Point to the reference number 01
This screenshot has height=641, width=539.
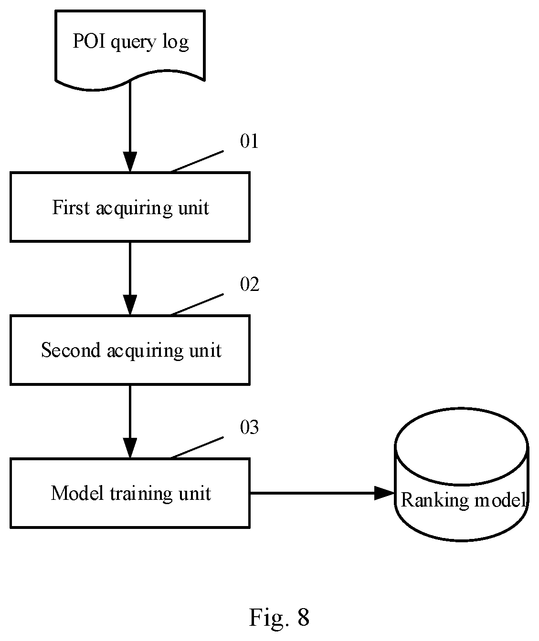pos(249,141)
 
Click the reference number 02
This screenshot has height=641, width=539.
pos(250,284)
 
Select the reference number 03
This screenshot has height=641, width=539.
pos(249,427)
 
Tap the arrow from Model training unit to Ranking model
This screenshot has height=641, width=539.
pos(322,493)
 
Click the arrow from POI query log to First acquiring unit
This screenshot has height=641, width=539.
pos(130,126)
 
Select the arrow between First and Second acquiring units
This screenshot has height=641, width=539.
pos(130,279)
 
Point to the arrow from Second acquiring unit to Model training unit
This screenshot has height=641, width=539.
pos(130,422)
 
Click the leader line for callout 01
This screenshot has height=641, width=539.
pos(197,162)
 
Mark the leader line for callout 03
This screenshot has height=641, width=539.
pos(197,447)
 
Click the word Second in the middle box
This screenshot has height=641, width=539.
pos(71,350)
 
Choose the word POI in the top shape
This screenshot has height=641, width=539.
pos(89,41)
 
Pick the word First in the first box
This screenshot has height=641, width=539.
pos(71,207)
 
